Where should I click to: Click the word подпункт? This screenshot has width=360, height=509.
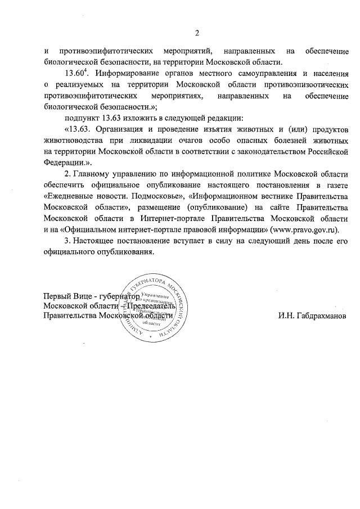(x=84, y=118)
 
